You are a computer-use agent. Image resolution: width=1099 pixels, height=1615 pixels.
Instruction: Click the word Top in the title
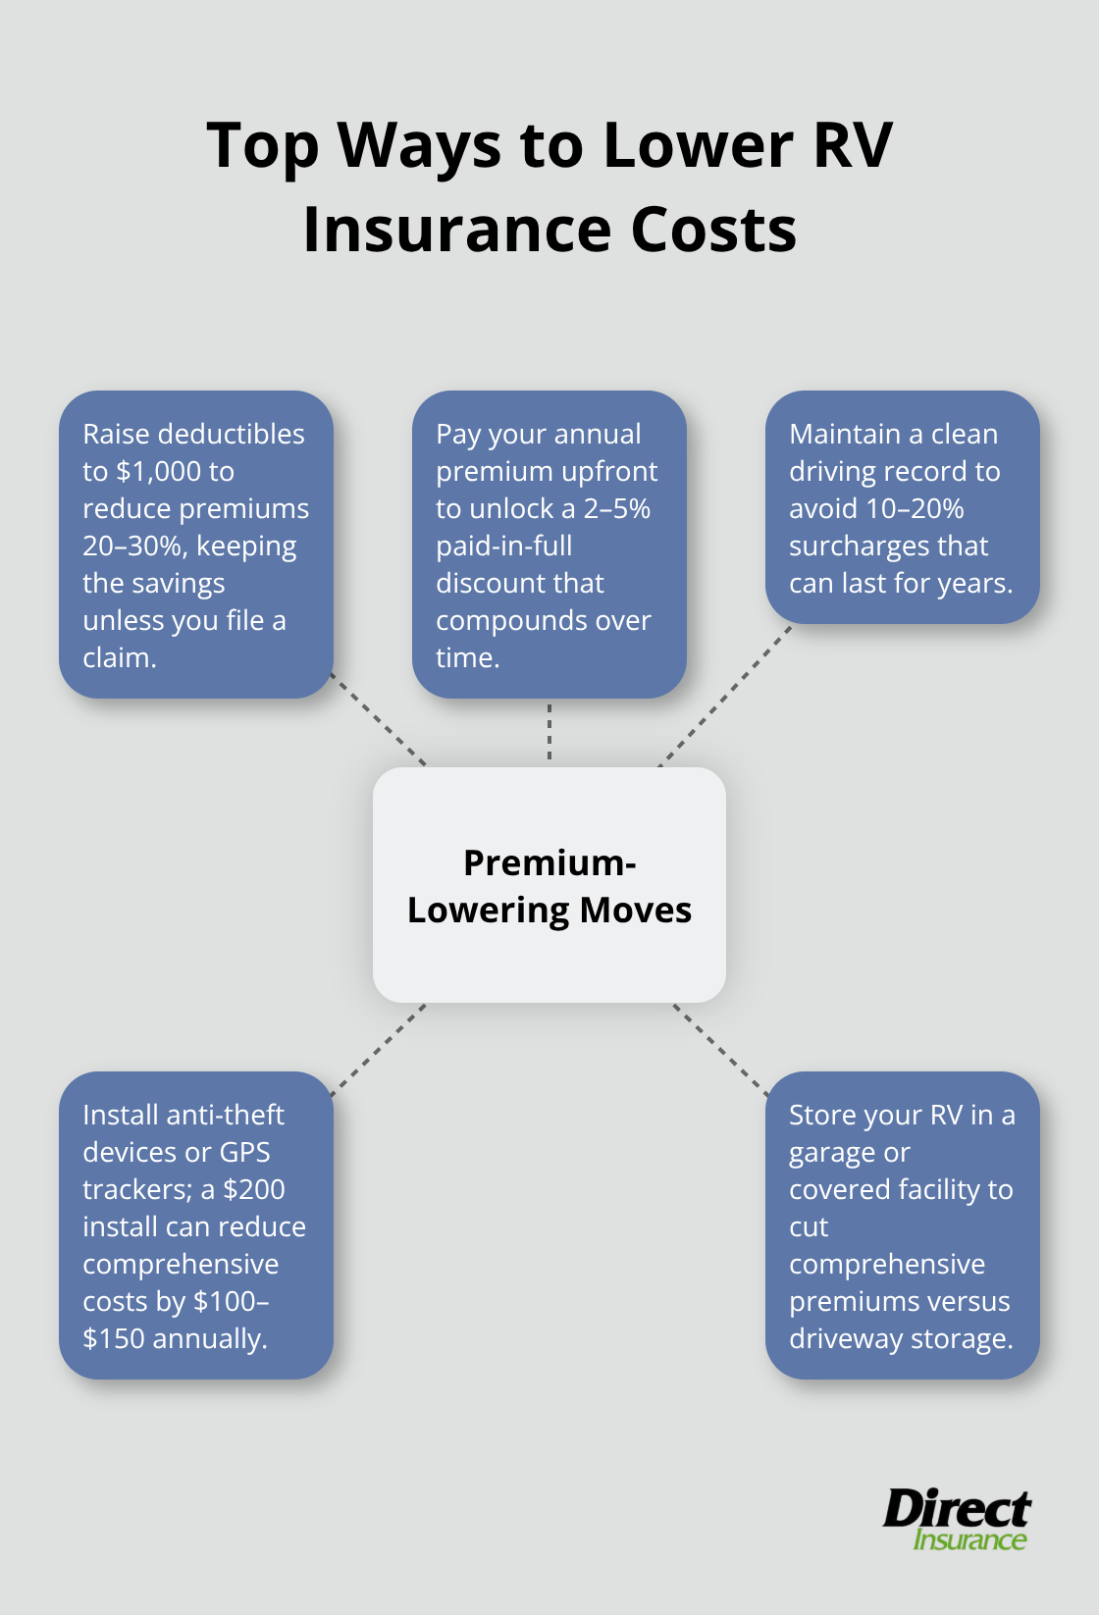262,146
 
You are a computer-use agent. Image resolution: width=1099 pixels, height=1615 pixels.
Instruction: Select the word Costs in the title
713,231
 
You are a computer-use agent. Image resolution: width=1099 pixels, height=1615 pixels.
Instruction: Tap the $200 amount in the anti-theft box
254,1190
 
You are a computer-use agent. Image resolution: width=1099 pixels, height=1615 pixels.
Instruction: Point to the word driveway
846,1339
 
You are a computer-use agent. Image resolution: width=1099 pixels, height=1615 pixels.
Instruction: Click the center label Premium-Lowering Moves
549,887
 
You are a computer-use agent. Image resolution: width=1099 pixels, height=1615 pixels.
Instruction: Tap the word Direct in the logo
957,1509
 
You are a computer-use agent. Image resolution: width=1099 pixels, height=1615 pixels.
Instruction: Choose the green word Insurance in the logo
969,1539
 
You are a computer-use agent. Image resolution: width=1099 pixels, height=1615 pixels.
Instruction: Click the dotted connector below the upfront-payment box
549,732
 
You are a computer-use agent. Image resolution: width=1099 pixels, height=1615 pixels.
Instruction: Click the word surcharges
859,547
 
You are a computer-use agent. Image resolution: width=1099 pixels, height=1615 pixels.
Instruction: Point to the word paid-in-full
504,547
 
